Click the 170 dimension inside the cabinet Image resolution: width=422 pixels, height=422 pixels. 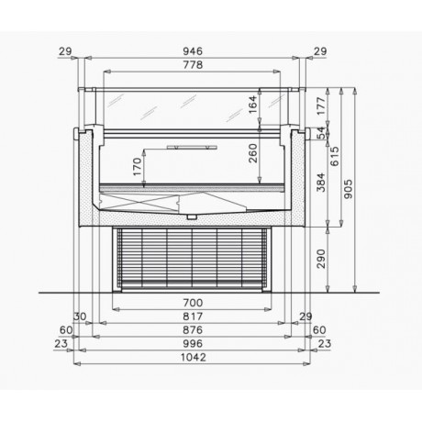coord(138,168)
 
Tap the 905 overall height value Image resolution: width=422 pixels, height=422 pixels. coord(350,189)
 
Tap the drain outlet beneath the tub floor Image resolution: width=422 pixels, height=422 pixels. coord(192,217)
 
